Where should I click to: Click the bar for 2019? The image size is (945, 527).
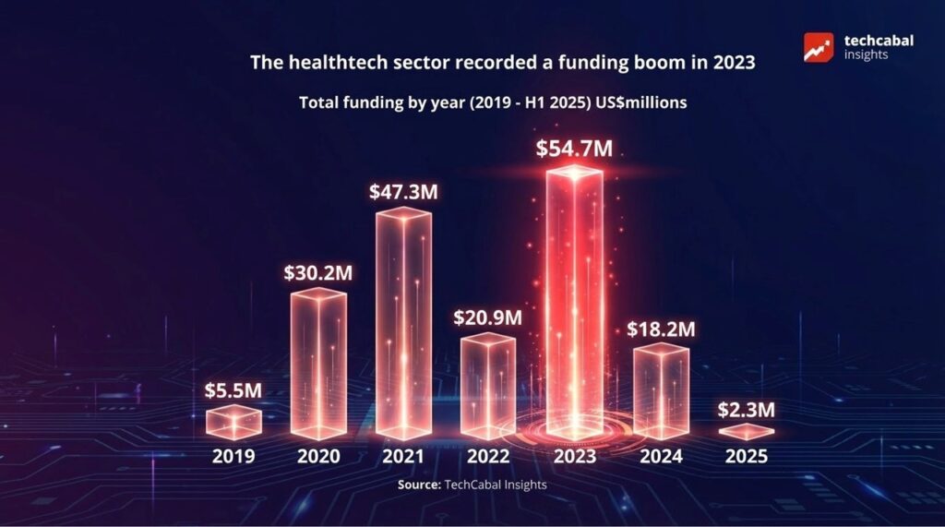[x=233, y=422]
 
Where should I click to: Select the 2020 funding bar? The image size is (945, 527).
[x=318, y=365]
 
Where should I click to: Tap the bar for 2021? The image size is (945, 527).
[x=403, y=323]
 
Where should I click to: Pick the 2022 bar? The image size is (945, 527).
[x=487, y=386]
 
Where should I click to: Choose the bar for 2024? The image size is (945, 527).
[x=661, y=390]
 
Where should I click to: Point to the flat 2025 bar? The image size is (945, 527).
[x=747, y=431]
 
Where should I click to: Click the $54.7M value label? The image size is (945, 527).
[x=574, y=150]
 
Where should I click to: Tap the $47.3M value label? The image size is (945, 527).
[x=403, y=193]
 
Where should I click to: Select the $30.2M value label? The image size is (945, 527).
[x=318, y=274]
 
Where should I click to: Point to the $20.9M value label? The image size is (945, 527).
[x=487, y=317]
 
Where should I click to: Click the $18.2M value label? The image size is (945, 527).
[x=661, y=329]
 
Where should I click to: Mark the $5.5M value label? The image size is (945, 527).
[x=233, y=390]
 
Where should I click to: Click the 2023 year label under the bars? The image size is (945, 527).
[x=574, y=456]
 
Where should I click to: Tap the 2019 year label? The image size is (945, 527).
[x=233, y=456]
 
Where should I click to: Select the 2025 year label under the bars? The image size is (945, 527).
[x=747, y=456]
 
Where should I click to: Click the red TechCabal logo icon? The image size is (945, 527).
[x=819, y=47]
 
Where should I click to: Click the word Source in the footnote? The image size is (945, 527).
[x=419, y=485]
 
